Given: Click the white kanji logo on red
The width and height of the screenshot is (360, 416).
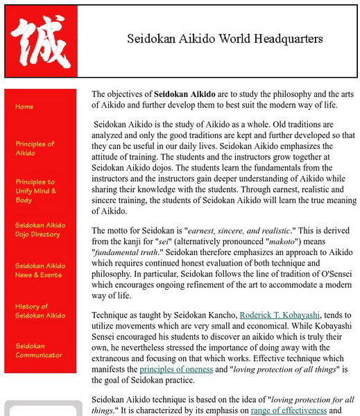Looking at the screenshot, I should (x=40, y=41).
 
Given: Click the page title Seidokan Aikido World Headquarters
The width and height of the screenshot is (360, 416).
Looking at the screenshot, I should (x=225, y=39).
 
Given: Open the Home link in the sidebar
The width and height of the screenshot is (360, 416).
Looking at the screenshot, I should (x=24, y=107).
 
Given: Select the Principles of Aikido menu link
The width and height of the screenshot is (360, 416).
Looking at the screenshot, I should (x=35, y=148).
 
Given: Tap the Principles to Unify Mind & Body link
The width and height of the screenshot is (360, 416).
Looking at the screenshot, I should (x=35, y=191).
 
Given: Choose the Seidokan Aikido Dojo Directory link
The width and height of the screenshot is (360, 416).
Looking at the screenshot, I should (x=40, y=229).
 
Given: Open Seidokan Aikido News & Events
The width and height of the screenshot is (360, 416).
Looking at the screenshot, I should (x=40, y=270).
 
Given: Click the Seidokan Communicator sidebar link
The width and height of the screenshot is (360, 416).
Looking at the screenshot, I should (x=39, y=350).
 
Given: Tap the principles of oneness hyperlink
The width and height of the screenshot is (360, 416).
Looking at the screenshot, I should (x=179, y=370).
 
